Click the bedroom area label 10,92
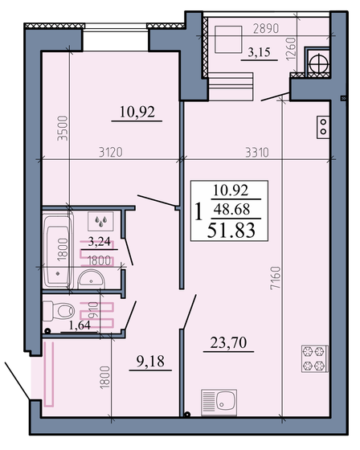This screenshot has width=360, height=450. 137,112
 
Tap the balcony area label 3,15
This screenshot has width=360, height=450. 259,52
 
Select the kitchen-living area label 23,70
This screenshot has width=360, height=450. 228,342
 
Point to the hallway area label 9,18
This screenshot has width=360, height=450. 150,362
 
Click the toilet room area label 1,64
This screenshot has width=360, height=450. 80,325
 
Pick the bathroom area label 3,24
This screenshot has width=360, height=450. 99,242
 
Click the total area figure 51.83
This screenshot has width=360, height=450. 231,231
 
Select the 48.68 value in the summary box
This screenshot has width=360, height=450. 231,209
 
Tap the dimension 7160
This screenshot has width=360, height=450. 276,278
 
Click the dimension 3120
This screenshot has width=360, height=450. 111,153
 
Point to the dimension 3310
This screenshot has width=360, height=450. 257,153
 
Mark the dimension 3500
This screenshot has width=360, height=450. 63,128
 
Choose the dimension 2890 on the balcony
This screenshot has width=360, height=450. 266,29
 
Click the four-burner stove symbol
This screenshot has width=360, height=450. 314,358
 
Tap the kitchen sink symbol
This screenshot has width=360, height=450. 219,402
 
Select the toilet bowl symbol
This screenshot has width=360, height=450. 59,311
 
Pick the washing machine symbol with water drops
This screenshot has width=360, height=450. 100,221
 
